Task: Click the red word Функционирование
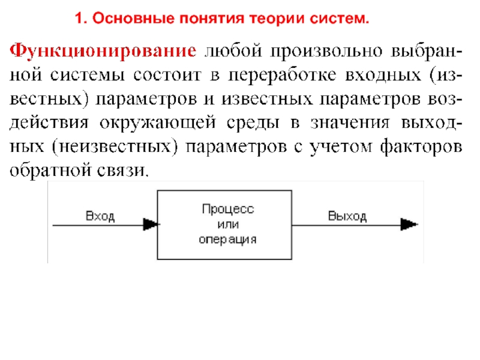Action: pyautogui.click(x=103, y=51)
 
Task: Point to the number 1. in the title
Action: pyautogui.click(x=82, y=19)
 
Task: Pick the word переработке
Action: pyautogui.click(x=282, y=75)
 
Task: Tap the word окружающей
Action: pyautogui.click(x=158, y=123)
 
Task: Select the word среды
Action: pyautogui.click(x=253, y=123)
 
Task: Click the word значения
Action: pyautogui.click(x=350, y=123)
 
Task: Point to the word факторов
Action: pyautogui.click(x=421, y=146)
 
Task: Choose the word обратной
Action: pyautogui.click(x=50, y=170)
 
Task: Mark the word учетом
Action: pyautogui.click(x=341, y=147)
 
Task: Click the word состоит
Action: pyautogui.click(x=167, y=76)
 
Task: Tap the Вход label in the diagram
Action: pyautogui.click(x=100, y=216)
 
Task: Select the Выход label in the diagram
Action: pyautogui.click(x=347, y=216)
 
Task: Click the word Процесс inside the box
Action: pyautogui.click(x=228, y=209)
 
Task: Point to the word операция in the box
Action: pyautogui.click(x=227, y=239)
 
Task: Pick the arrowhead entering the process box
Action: pyautogui.click(x=151, y=224)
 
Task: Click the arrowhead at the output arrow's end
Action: pyautogui.click(x=409, y=224)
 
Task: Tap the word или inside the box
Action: pyautogui.click(x=228, y=224)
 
